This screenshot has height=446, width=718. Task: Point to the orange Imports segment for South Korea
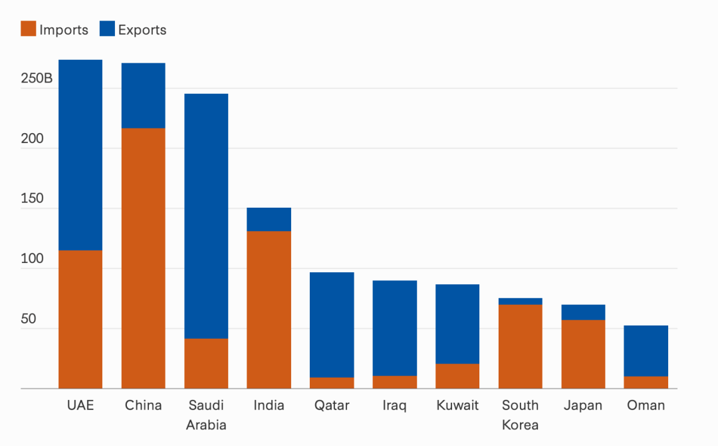point(520,345)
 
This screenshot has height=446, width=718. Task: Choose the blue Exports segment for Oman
point(646,350)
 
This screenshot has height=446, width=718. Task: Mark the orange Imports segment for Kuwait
point(457,375)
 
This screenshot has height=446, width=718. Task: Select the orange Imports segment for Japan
point(583,353)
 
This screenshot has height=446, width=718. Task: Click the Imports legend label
point(63,30)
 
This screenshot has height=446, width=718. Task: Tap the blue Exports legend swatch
point(107,29)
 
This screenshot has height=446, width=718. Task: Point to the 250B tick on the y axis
point(37,79)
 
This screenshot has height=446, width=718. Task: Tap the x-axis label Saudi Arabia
point(206,415)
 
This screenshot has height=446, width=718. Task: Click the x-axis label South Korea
point(520,415)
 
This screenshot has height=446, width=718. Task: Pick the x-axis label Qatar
point(332,405)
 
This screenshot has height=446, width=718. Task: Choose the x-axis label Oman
point(646,405)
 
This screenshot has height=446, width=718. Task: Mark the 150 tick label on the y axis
point(33,199)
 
